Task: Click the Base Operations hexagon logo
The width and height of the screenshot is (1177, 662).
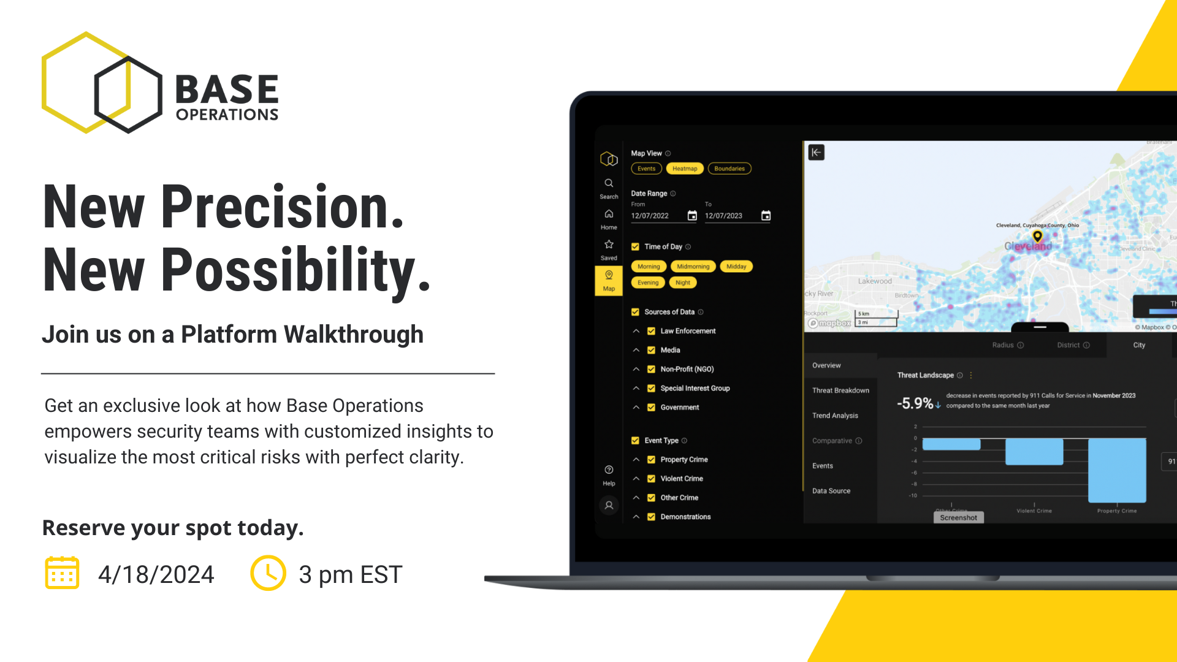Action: coord(102,83)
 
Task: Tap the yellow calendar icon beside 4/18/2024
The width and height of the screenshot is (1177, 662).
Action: coord(62,573)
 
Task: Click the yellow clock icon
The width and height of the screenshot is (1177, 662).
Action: coord(268,573)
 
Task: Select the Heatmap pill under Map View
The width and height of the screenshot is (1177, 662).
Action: coord(684,169)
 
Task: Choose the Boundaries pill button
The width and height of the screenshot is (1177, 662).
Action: coord(729,169)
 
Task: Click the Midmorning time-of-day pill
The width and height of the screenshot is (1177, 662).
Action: coord(693,267)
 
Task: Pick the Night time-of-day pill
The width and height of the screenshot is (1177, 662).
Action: coord(682,283)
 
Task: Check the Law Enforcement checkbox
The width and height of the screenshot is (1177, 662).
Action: coord(651,331)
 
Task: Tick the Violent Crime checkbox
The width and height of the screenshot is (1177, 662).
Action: coord(651,479)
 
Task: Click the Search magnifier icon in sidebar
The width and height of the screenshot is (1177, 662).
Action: coord(609,183)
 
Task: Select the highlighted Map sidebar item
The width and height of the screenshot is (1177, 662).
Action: coord(609,281)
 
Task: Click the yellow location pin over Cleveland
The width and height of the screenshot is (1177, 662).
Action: coord(1037,236)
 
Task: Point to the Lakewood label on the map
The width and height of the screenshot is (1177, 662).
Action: coord(875,281)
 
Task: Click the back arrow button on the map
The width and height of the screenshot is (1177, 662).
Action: coord(817,153)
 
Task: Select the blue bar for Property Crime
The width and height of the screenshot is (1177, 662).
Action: coord(1117,470)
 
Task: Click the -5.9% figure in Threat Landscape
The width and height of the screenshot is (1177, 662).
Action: coord(915,403)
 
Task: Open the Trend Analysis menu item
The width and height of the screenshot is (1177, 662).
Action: coord(835,416)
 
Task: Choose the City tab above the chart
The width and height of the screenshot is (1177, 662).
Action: coord(1139,345)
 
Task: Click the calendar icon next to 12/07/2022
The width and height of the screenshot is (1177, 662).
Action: coord(692,216)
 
